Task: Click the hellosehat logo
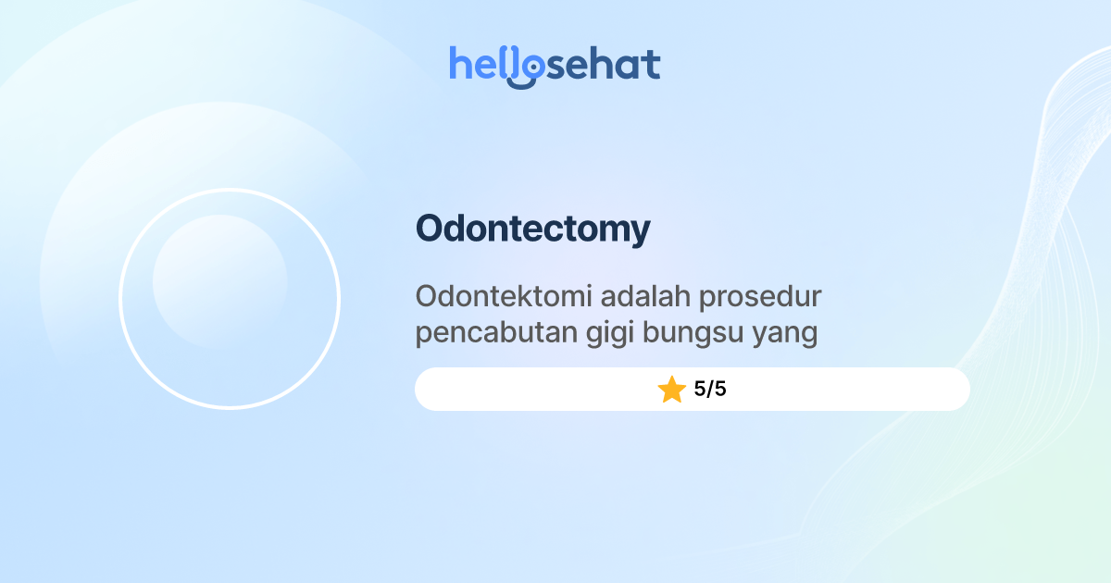coord(555,66)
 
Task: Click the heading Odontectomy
coord(532,229)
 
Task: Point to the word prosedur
coord(761,299)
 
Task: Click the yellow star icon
coord(671,390)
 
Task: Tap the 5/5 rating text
coord(710,390)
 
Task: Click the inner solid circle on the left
coord(219,281)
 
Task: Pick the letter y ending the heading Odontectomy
coord(639,233)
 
